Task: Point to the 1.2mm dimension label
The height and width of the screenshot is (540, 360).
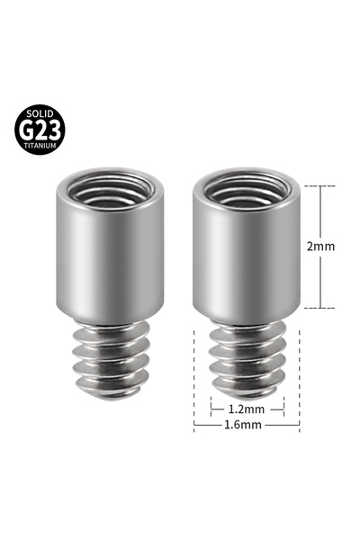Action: pos(247,408)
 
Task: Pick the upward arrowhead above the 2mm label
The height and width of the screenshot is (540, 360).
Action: pos(322,188)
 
